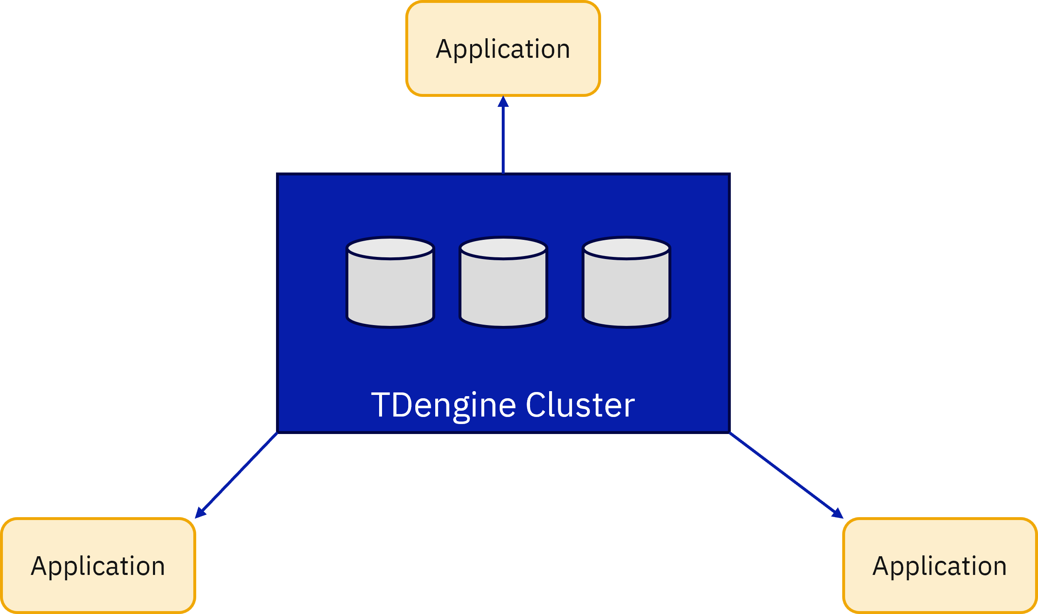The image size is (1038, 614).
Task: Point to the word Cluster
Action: point(580,405)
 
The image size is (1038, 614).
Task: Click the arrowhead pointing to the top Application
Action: point(503,101)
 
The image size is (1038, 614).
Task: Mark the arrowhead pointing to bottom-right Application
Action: point(838,513)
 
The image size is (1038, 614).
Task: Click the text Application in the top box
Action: point(503,49)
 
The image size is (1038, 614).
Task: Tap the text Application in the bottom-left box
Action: point(98,566)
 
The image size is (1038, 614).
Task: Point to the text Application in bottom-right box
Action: point(939,566)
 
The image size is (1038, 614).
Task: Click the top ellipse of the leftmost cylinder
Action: point(390,248)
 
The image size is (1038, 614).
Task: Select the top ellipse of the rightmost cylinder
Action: point(626,248)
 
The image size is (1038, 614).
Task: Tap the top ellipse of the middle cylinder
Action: point(503,248)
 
